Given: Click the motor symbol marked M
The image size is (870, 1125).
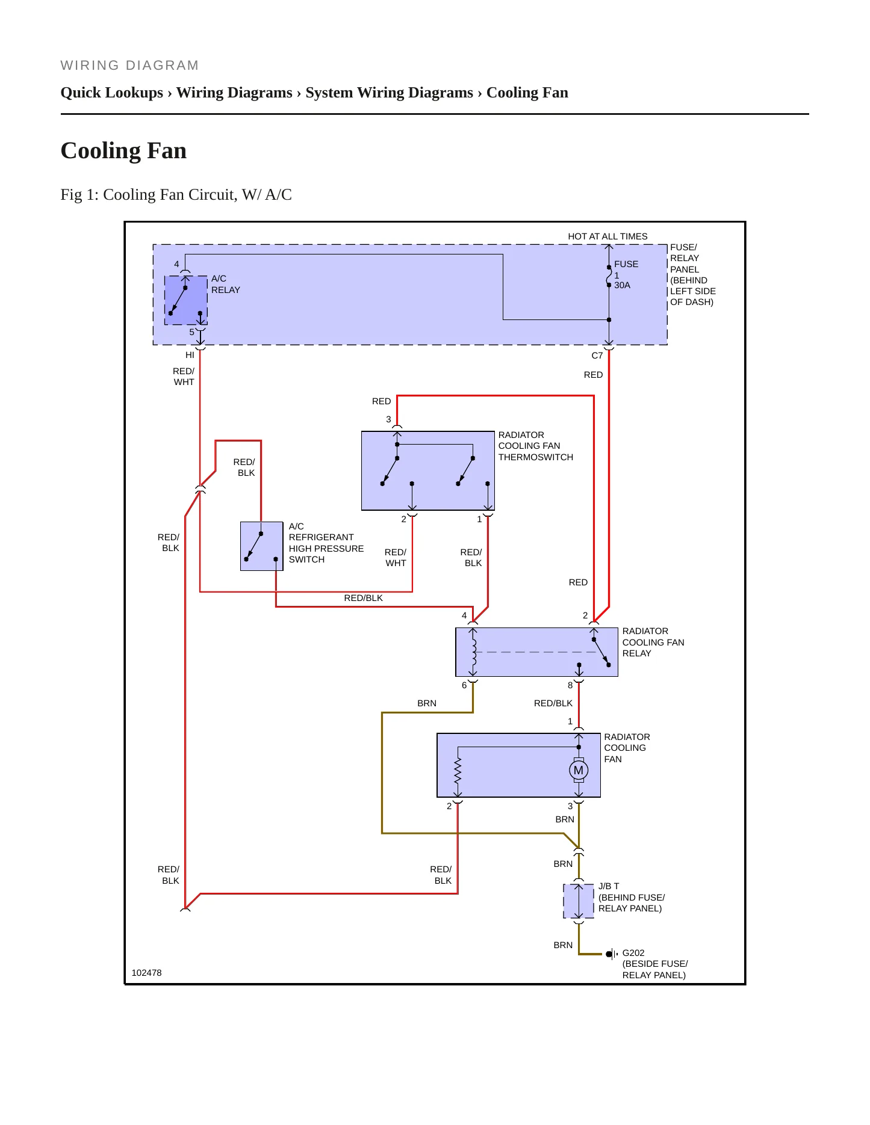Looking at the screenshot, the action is click(x=579, y=770).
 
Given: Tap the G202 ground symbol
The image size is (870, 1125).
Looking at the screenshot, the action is click(x=612, y=954).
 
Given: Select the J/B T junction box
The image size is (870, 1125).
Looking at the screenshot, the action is click(x=579, y=901).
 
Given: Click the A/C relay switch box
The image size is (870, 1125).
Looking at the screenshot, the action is click(x=186, y=300).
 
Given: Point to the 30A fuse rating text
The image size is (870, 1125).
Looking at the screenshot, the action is click(x=623, y=285).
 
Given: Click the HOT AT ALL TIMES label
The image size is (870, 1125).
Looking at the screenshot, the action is click(x=607, y=236).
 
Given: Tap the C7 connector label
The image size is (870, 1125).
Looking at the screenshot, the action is click(x=597, y=356).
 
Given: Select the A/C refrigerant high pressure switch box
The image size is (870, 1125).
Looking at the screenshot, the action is click(x=262, y=546).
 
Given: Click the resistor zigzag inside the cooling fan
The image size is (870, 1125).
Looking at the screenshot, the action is click(x=458, y=770).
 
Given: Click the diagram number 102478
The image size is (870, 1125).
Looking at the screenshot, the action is click(x=146, y=973).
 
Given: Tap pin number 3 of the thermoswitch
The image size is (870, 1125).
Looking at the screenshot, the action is click(x=388, y=419).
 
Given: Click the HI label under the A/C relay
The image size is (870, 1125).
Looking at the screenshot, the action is click(x=190, y=355).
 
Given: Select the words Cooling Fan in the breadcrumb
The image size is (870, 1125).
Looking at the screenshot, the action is click(x=527, y=93).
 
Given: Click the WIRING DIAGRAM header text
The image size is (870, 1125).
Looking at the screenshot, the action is click(x=129, y=66).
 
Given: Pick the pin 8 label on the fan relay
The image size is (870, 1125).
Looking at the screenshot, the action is click(x=570, y=685).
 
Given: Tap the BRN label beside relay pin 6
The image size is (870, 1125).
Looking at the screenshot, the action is click(x=427, y=703).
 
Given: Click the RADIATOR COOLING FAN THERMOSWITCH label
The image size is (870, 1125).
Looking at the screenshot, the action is click(x=536, y=446).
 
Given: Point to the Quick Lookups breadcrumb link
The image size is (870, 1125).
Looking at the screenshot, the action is click(x=112, y=93).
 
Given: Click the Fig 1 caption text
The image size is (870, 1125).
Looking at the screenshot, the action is click(x=176, y=195).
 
